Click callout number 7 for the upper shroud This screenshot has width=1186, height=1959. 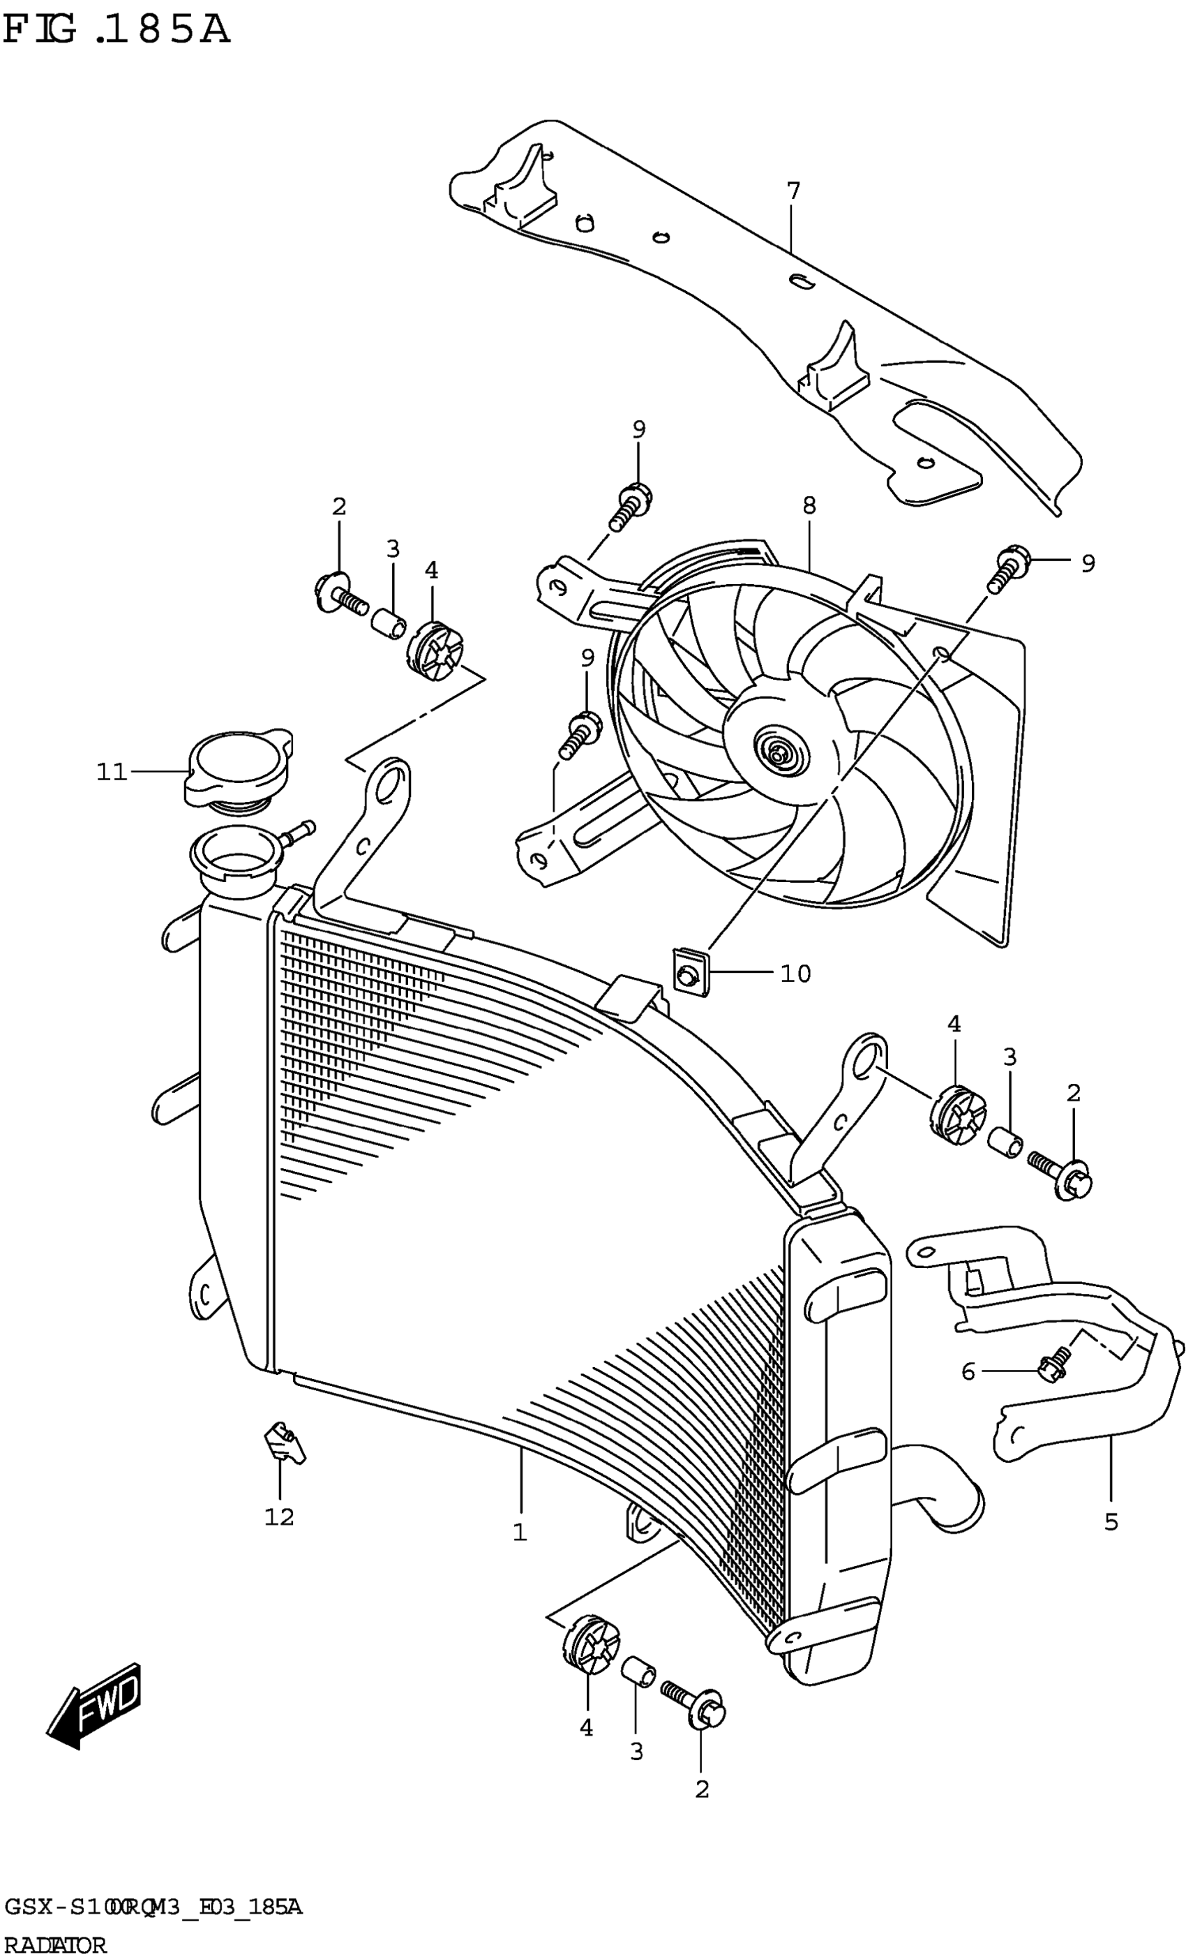pos(793,192)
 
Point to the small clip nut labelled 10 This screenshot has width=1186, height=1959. pos(690,973)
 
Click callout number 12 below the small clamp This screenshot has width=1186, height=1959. pos(279,1517)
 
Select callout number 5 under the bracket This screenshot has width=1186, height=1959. pos(1111,1521)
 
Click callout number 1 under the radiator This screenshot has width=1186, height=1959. pos(520,1532)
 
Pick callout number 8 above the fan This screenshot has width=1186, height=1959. pos(809,506)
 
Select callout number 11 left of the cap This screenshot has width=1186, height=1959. pos(112,771)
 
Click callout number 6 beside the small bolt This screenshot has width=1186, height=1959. pos(968,1371)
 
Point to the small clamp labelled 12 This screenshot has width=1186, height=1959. pos(284,1444)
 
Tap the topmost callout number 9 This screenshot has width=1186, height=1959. pos(639,429)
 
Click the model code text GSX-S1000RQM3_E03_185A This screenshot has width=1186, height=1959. pos(153,1907)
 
